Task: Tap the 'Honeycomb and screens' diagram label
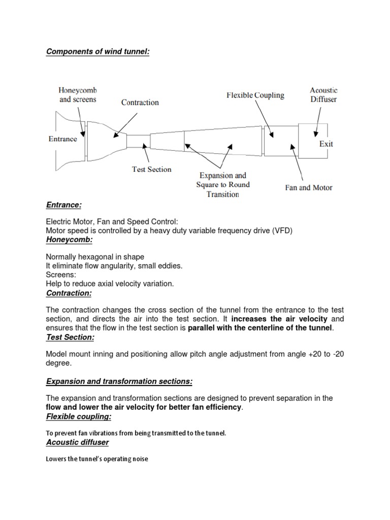click(78, 94)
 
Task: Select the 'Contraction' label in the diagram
click(140, 103)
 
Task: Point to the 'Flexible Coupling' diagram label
click(255, 95)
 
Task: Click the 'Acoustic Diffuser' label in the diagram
click(323, 94)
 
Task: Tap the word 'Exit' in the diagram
click(326, 144)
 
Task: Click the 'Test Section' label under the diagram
click(152, 169)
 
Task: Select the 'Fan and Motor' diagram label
click(308, 187)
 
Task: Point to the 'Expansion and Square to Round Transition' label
click(223, 185)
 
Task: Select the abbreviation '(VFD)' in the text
click(282, 230)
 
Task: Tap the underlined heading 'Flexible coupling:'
click(78, 417)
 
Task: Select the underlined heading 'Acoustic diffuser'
click(77, 443)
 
